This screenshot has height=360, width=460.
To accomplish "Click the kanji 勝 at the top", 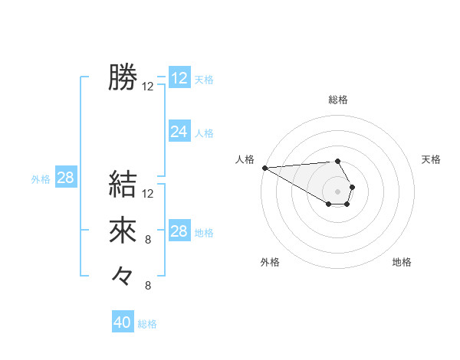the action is tap(123, 77).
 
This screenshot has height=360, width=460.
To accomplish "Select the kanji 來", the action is tap(123, 231).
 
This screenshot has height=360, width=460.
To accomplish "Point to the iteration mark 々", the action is tap(123, 275).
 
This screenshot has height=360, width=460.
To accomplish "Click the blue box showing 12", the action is tap(179, 78).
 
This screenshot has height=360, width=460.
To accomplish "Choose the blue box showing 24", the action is tap(179, 132).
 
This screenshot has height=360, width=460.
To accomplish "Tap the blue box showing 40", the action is tap(123, 322).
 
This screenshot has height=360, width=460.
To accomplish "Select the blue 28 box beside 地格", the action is tap(179, 231).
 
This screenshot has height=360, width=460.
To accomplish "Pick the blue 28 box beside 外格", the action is tap(66, 178).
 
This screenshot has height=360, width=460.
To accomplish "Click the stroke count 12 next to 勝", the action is tap(148, 87).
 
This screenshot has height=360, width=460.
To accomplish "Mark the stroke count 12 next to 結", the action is tap(148, 193).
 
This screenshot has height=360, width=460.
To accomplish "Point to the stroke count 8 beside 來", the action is tap(148, 240).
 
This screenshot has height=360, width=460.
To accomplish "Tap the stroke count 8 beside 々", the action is tap(148, 286).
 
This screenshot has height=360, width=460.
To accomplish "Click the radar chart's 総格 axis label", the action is tap(338, 100).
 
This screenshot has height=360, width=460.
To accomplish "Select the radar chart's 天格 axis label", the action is tap(431, 159).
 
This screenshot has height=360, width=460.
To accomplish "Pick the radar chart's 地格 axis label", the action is tap(402, 262).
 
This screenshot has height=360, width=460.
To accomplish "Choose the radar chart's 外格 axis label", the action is tap(270, 262).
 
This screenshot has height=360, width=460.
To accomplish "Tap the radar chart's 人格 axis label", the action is tap(245, 159).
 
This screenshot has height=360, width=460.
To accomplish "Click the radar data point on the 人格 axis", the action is tap(264, 168).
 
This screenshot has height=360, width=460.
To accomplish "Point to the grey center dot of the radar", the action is tap(337, 191).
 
